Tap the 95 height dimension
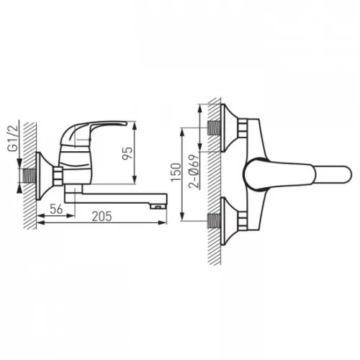coord(127,153)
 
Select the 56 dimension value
coord(56,209)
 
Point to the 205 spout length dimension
coord(102,216)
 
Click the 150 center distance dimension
coord(176,172)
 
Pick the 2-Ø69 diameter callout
coord(194,171)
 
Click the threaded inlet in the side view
coord(29,176)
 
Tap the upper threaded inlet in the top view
coord(214,127)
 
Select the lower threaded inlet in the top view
coord(214,220)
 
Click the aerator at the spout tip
coord(158,206)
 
